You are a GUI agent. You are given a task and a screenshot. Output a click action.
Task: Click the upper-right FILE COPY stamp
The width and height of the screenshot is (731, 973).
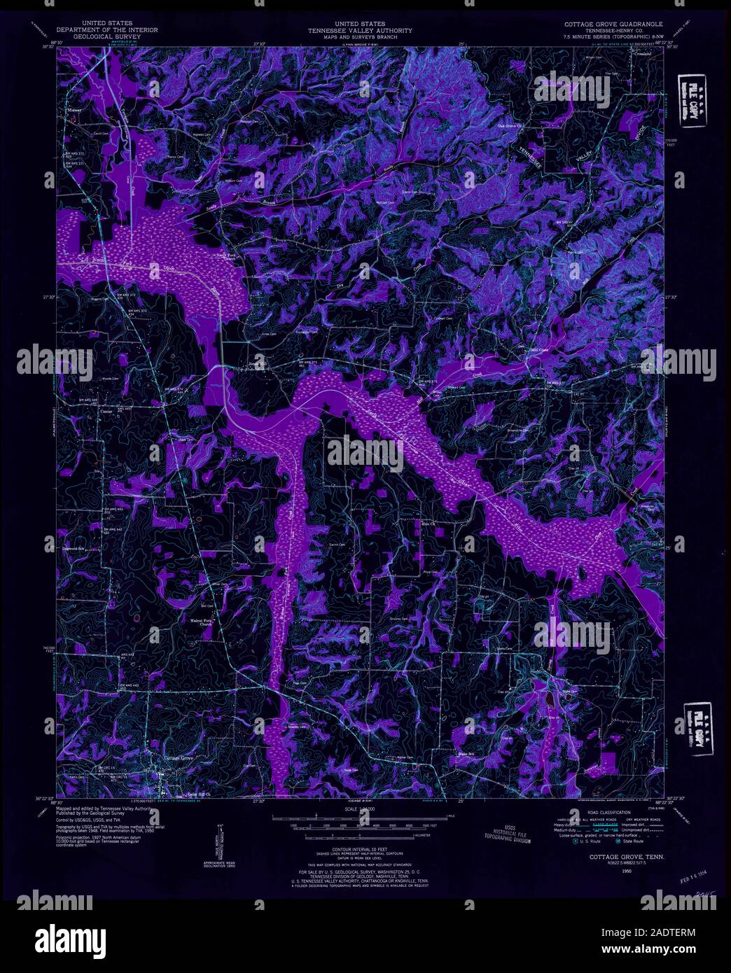690,102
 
